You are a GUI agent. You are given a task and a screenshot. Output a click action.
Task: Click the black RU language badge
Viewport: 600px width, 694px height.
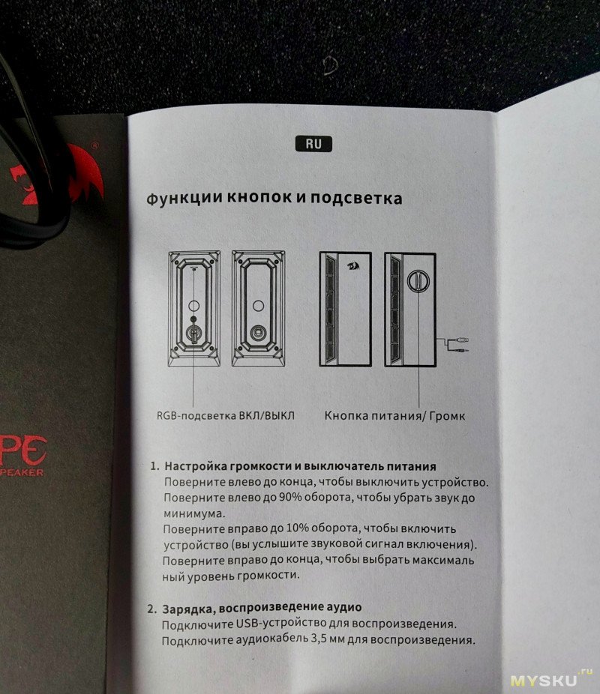[x=313, y=144]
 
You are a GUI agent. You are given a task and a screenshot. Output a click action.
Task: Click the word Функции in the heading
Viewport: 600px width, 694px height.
[x=184, y=198]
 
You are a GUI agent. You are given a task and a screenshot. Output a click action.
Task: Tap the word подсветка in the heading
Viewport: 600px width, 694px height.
[x=356, y=198]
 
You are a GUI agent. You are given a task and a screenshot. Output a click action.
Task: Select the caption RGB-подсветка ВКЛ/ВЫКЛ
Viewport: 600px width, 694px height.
[x=226, y=416]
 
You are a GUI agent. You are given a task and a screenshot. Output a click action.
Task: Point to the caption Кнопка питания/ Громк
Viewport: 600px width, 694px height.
[x=395, y=416]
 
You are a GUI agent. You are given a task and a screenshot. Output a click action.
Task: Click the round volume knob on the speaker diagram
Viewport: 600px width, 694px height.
[x=418, y=280]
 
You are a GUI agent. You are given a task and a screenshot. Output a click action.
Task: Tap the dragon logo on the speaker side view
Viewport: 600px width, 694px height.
[x=353, y=267]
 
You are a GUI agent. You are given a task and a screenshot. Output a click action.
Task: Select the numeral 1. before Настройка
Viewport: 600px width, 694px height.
[x=154, y=466]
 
